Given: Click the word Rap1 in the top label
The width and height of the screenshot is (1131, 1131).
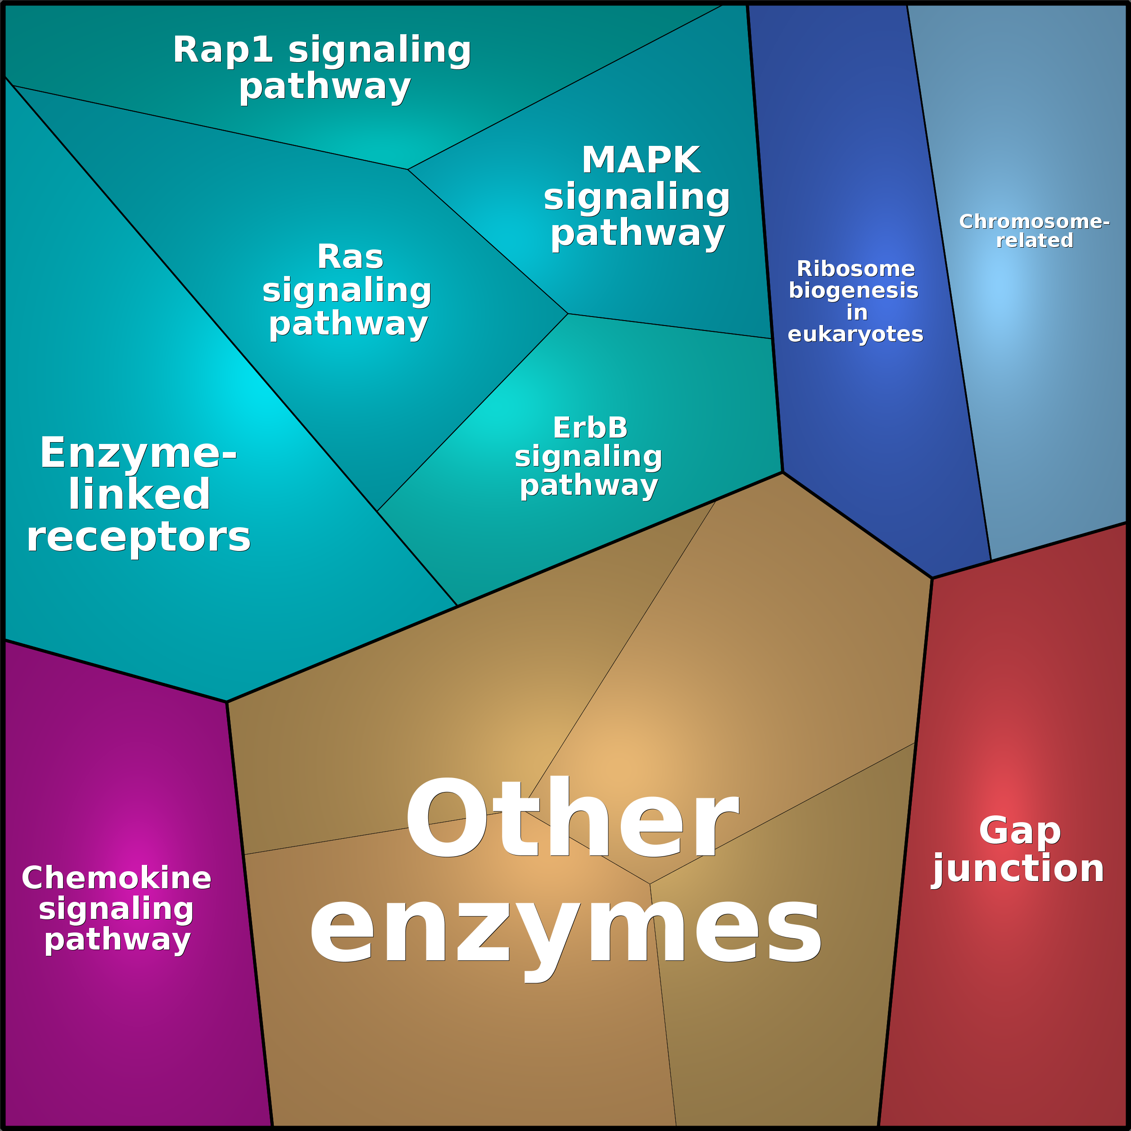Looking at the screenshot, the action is coord(222,50).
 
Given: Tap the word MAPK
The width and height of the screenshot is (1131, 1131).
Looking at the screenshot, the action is coord(641,160).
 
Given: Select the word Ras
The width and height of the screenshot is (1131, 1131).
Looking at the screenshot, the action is coord(350,257).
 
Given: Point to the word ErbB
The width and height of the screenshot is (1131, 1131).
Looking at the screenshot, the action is coord(590,428).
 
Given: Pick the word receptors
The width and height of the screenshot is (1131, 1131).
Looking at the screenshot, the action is coord(139,538).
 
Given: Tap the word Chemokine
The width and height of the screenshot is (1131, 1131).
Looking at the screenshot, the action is coord(117,878).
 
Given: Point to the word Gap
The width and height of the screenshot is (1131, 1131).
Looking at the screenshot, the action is coord(1020,832).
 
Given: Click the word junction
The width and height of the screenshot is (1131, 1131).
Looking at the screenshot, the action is coord(1018,869).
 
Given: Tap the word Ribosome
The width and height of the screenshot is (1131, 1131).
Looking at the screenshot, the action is coord(855,269).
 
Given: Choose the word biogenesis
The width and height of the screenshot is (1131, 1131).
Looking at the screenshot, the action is coord(854,290).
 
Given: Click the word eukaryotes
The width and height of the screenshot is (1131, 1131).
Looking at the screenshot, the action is coord(855,334).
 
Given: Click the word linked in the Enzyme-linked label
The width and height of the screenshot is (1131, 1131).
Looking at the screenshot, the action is coord(139,495).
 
